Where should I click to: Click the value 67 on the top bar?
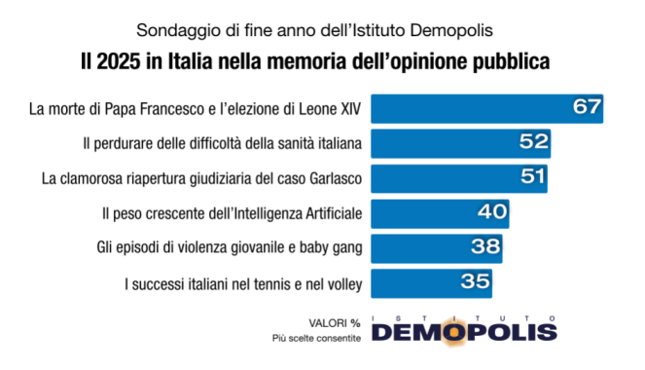[x=587, y=107]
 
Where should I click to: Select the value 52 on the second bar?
[x=534, y=142]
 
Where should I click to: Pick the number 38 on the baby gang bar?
[x=486, y=247]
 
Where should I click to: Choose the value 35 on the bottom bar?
[x=476, y=282]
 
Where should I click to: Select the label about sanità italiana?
[x=223, y=143]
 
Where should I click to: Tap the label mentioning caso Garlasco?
[x=202, y=178]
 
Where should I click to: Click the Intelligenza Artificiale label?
[x=232, y=213]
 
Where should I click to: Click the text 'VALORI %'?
[x=334, y=321]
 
